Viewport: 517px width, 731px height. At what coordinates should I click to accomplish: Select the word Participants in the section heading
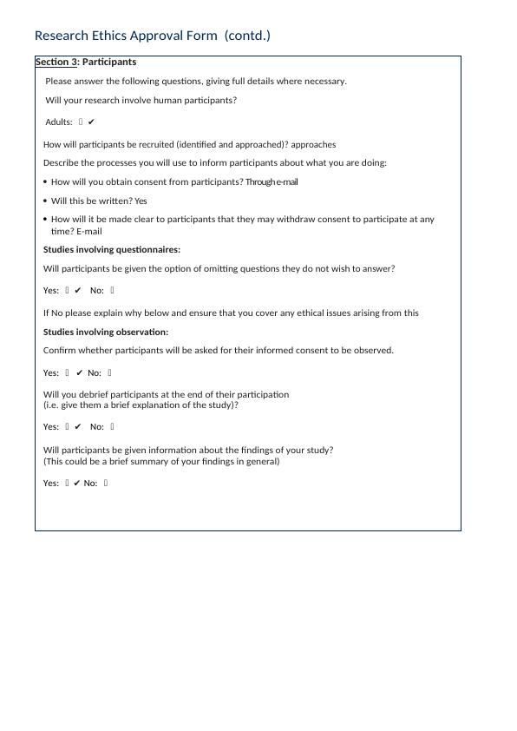[109, 63]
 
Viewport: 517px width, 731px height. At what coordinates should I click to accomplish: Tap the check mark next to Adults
[91, 122]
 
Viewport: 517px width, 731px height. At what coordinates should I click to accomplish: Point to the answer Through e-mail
[272, 182]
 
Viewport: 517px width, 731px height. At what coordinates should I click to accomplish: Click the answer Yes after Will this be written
[141, 201]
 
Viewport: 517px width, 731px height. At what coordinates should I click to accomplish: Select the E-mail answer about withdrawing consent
[89, 232]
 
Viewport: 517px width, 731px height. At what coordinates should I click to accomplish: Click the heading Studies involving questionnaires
[112, 250]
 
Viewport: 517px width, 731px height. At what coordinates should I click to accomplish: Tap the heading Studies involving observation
[106, 333]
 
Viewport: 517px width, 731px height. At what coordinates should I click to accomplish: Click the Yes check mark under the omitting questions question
[78, 291]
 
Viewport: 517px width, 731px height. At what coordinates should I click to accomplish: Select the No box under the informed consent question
[110, 373]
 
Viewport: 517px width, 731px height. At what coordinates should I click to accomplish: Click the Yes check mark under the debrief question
[78, 427]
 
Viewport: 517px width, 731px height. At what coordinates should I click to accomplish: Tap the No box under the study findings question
[106, 484]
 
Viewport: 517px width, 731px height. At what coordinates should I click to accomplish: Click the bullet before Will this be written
[45, 201]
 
